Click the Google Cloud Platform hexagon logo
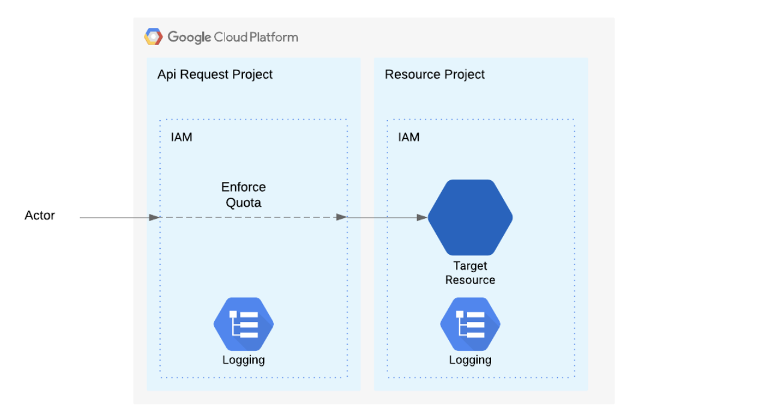click(x=153, y=37)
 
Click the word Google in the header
click(x=189, y=37)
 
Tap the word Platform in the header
click(x=271, y=37)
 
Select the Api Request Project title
click(x=215, y=75)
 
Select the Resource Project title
click(x=434, y=75)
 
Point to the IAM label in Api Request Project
click(x=181, y=137)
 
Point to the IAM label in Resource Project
click(x=409, y=137)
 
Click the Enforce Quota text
click(x=243, y=195)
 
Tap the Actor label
click(x=40, y=215)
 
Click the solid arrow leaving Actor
click(x=117, y=218)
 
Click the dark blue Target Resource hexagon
click(x=470, y=218)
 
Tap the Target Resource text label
click(x=470, y=273)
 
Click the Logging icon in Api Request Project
click(x=243, y=324)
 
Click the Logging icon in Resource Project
click(x=470, y=324)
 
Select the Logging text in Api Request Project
click(x=243, y=360)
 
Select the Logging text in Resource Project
click(x=470, y=360)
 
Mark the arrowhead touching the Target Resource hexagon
click(x=422, y=218)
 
